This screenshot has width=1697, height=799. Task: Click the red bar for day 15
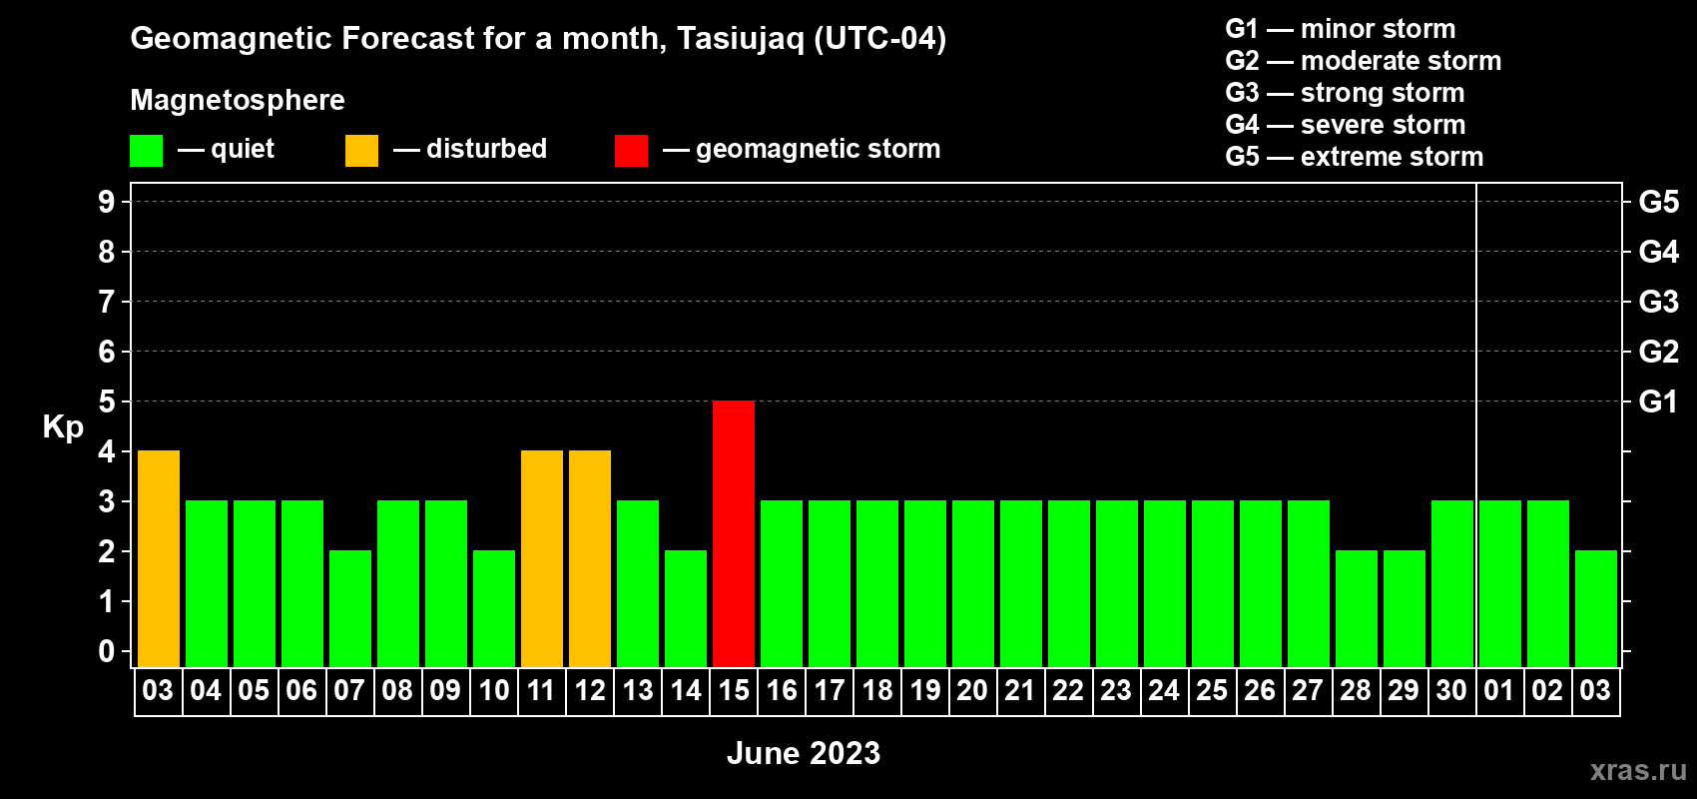(x=734, y=533)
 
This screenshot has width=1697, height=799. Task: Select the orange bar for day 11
(x=542, y=558)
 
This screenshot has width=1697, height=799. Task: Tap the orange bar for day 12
(x=590, y=558)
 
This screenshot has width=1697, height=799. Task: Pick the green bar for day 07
(x=350, y=608)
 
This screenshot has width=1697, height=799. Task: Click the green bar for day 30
(x=1452, y=583)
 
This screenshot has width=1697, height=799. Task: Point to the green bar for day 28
(x=1356, y=608)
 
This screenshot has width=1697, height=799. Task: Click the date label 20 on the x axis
(x=972, y=690)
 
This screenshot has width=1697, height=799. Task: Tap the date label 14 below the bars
(x=686, y=690)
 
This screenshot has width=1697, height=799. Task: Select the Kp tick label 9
(x=106, y=202)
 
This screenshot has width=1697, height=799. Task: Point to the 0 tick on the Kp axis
(x=106, y=651)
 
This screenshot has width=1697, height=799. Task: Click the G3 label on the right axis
(x=1658, y=302)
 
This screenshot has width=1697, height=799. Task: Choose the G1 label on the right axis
(x=1658, y=401)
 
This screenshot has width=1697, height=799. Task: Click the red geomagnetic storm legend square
(x=632, y=150)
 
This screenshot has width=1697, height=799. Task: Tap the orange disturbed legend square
(x=361, y=150)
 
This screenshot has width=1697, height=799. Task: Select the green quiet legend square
(x=146, y=150)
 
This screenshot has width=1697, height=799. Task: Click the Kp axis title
(x=63, y=427)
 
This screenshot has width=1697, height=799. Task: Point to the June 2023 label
(x=804, y=753)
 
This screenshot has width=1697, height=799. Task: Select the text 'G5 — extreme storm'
(x=1354, y=157)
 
